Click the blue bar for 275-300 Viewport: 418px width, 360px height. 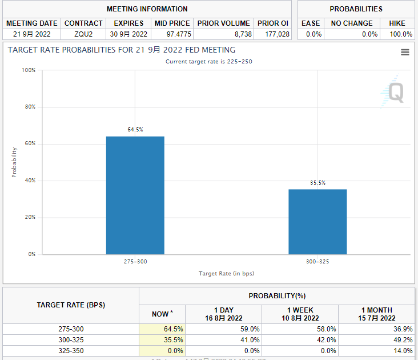(135, 195)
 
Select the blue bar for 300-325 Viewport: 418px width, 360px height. (317, 222)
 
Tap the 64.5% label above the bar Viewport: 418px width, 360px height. (135, 130)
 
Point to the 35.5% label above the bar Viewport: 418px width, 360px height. (317, 183)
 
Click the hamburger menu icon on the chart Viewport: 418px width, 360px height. (405, 52)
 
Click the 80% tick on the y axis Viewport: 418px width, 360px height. (29, 107)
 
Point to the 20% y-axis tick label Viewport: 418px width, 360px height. (29, 217)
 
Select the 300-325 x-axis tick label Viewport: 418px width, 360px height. (317, 261)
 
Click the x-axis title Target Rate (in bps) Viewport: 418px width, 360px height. (226, 274)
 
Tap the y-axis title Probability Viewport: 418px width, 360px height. (14, 162)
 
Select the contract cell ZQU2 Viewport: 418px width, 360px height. (83, 34)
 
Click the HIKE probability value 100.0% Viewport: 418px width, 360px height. (400, 34)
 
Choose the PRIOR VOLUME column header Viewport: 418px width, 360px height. (223, 23)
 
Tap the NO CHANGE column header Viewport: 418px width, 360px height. (351, 23)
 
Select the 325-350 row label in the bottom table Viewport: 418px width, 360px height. (71, 350)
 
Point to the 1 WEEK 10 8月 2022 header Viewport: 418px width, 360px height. (300, 314)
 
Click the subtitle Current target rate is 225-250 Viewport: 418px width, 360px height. (208, 62)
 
